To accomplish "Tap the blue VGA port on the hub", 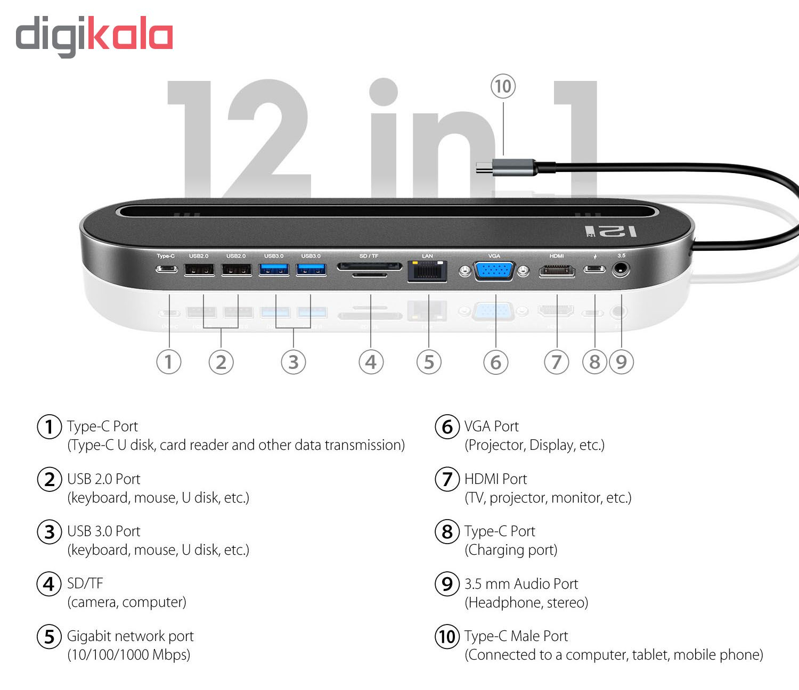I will pos(494,271).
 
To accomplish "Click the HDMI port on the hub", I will pos(557,271).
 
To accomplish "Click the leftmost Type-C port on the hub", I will pos(166,269).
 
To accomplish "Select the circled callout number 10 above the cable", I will pos(503,87).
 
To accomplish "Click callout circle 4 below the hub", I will pos(371,362).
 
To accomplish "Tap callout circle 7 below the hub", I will pos(556,362).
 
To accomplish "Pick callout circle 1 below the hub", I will pos(168,362).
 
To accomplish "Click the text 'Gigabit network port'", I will pos(130,636).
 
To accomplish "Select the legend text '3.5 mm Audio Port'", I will pos(521,584).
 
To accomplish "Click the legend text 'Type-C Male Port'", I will pos(516,636).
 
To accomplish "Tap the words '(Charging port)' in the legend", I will pos(511,550).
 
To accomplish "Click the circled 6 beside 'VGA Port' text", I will pos(447,427).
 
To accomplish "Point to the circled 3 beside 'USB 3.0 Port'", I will pos(49,532).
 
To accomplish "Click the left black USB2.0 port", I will pos(199,270).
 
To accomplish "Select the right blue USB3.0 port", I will pos(311,270).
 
